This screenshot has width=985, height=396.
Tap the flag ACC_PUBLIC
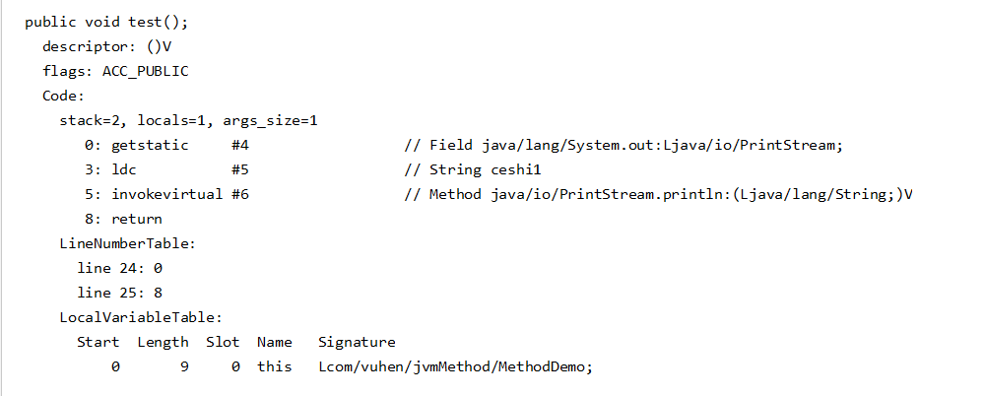(145, 71)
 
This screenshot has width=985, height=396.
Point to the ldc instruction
(123, 169)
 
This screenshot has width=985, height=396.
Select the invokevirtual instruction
(166, 194)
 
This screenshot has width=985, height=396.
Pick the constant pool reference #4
(239, 145)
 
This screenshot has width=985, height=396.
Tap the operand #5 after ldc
(239, 169)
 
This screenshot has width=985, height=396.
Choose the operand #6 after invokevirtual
(239, 194)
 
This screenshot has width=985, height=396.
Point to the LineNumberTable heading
(127, 243)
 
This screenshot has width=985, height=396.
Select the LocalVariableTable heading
(140, 317)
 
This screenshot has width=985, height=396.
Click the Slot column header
(223, 342)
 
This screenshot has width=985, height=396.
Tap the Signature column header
(357, 342)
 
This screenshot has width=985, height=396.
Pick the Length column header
(163, 342)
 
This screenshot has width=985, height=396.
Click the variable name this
(275, 366)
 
